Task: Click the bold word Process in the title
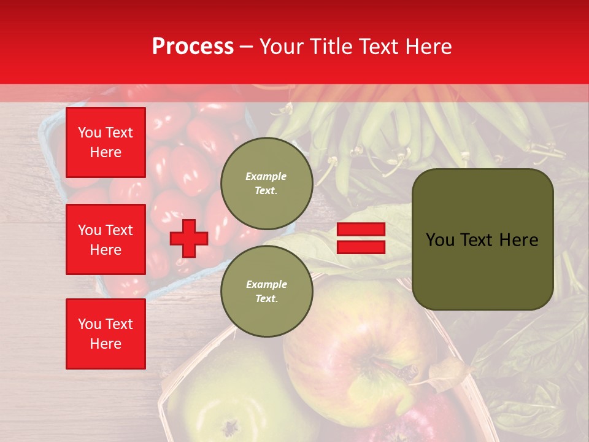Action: [x=193, y=47]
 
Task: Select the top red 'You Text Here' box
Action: [x=106, y=142]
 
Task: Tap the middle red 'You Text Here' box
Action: [x=106, y=239]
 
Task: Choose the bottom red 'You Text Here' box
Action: [x=106, y=333]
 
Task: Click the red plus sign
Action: [x=189, y=238]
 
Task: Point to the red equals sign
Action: [x=361, y=238]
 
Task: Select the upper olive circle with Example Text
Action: [x=266, y=183]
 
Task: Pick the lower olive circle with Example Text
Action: [x=266, y=291]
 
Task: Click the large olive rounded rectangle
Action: [x=482, y=239]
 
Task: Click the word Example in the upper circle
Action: [x=266, y=176]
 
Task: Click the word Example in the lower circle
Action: [x=266, y=284]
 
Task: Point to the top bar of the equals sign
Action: [x=361, y=230]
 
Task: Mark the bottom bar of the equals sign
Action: [x=361, y=247]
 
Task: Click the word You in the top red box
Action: [x=89, y=133]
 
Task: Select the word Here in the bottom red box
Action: [x=106, y=344]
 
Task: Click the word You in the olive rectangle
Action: [x=440, y=240]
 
